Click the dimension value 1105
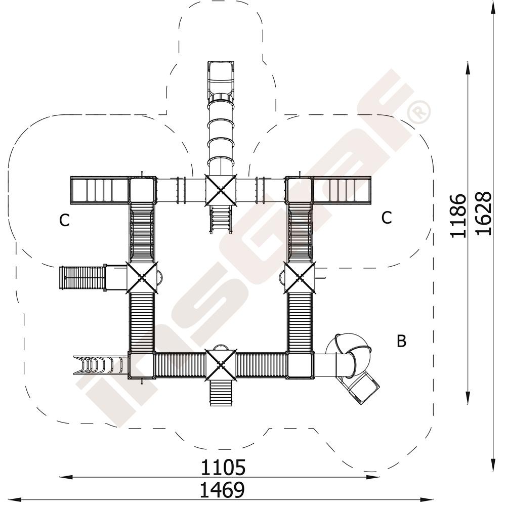pyautogui.click(x=223, y=468)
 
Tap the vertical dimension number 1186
pyautogui.click(x=458, y=216)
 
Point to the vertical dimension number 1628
pyautogui.click(x=484, y=214)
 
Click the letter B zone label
pyautogui.click(x=401, y=341)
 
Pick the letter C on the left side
pyautogui.click(x=65, y=221)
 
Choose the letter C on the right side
pyautogui.click(x=387, y=218)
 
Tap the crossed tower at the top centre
pyautogui.click(x=221, y=190)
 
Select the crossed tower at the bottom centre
pyautogui.click(x=221, y=364)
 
